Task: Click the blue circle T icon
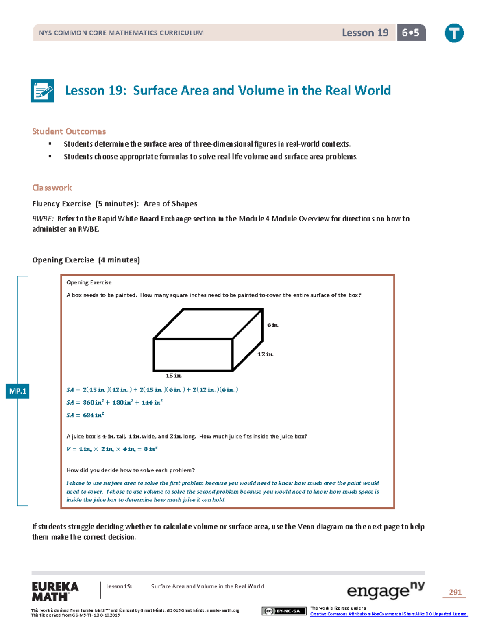(454, 33)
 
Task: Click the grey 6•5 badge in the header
(411, 33)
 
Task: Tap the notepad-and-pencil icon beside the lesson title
(43, 90)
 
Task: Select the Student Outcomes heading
(69, 131)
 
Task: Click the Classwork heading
(52, 188)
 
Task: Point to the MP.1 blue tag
(17, 391)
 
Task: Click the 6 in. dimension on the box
(273, 325)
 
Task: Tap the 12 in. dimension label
(265, 354)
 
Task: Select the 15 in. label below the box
(173, 376)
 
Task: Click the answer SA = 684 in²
(85, 415)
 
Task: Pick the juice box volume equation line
(112, 449)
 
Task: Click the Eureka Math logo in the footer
(55, 591)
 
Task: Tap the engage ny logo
(385, 590)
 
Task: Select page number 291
(455, 592)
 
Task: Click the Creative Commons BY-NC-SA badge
(284, 611)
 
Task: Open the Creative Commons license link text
(389, 614)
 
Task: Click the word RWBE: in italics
(43, 219)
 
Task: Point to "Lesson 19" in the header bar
(365, 33)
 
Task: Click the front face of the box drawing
(193, 354)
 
